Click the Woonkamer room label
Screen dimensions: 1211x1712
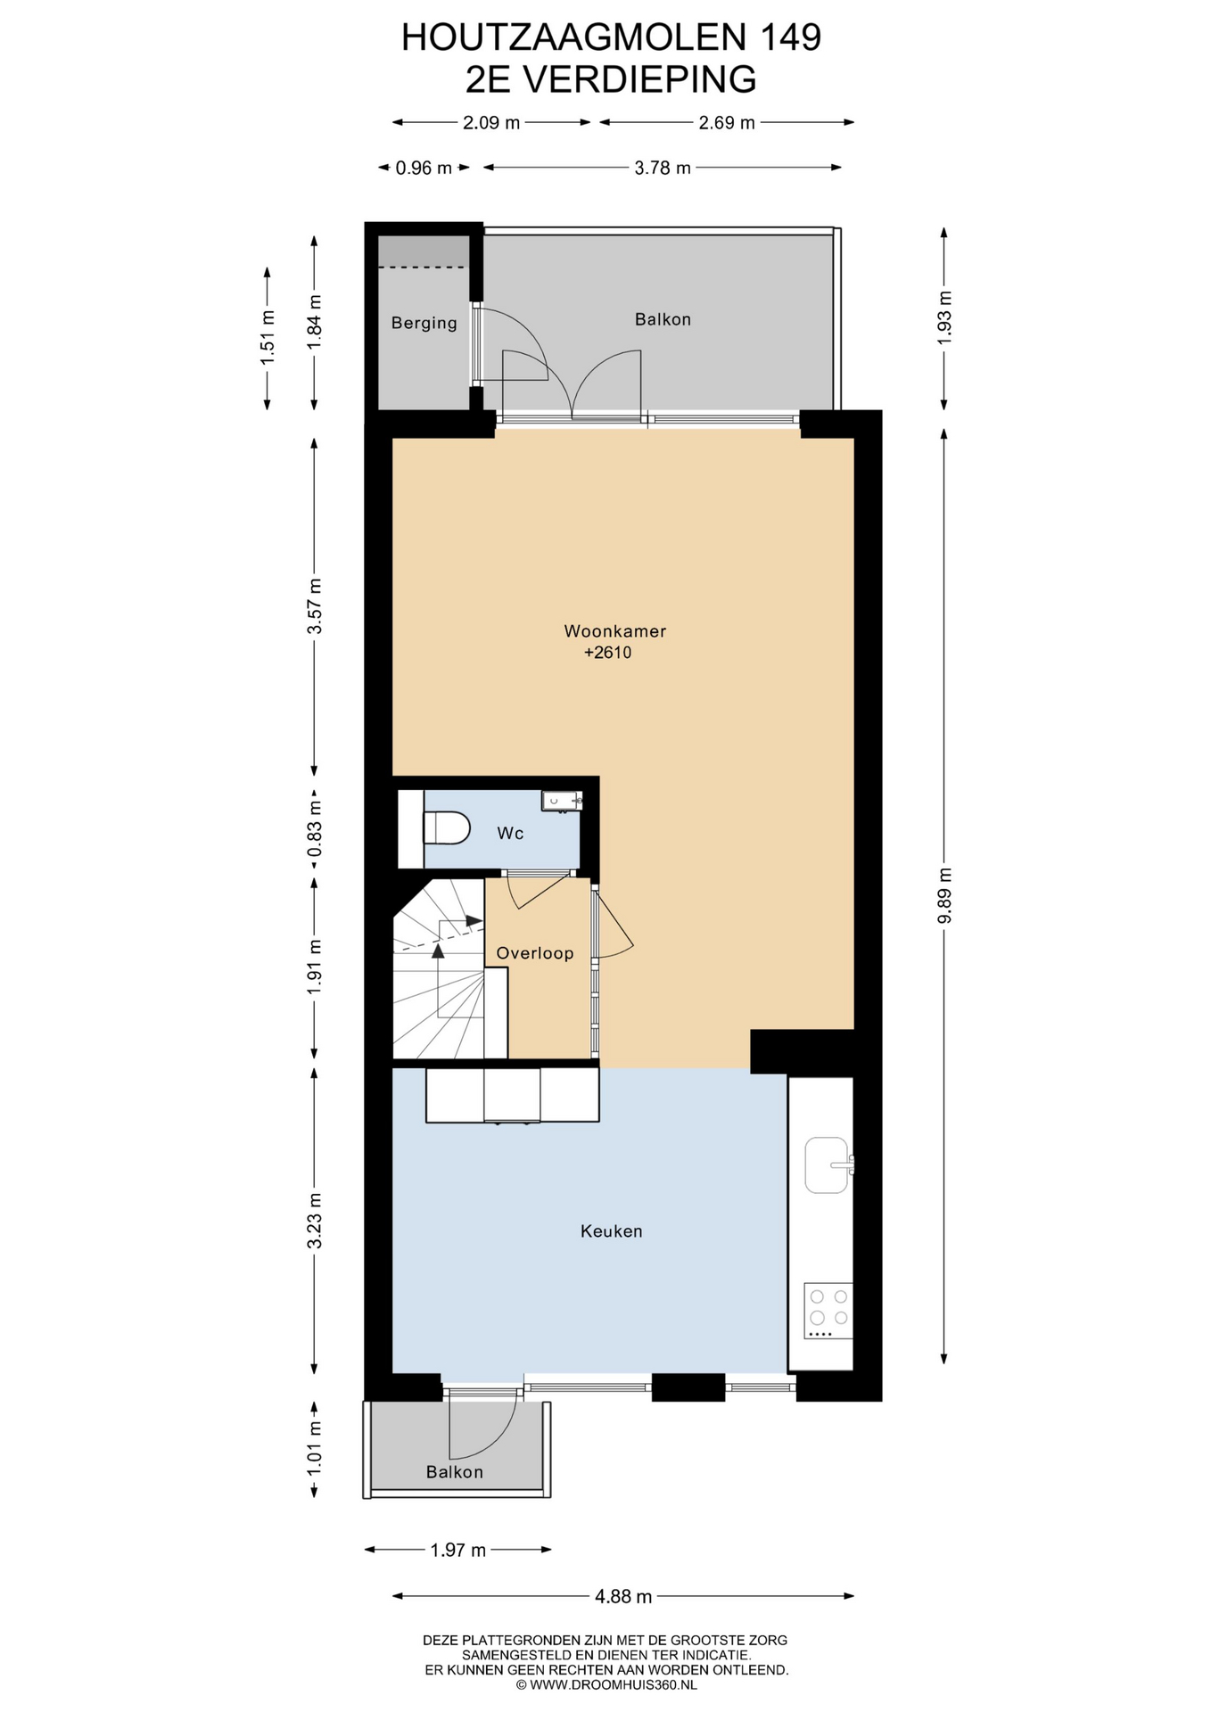(x=614, y=631)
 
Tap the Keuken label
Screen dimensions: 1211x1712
(x=611, y=1231)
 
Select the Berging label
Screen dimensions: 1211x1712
(x=424, y=323)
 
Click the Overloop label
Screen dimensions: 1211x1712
(x=534, y=953)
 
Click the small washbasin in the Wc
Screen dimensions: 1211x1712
(x=561, y=801)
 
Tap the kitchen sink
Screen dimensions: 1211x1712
(x=828, y=1165)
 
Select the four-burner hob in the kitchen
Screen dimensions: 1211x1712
(x=828, y=1311)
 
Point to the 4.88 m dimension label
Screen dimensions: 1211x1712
(x=623, y=1596)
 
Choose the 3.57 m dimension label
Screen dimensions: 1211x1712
(x=314, y=606)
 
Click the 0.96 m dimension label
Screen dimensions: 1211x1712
(x=424, y=168)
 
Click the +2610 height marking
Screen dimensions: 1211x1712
(x=607, y=653)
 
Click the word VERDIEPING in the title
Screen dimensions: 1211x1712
(x=638, y=79)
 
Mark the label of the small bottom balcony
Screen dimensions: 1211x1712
(x=454, y=1472)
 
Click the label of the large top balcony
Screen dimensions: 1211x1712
(x=663, y=319)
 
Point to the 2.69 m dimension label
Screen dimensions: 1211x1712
(x=727, y=123)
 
